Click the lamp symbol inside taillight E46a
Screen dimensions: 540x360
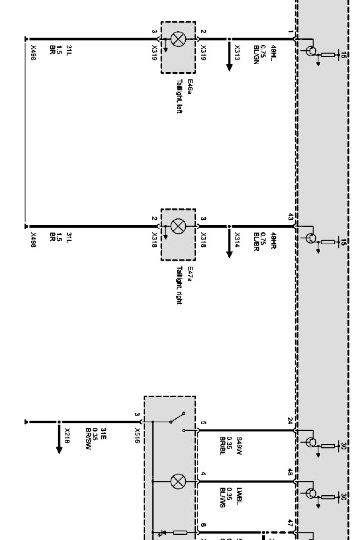tap(177, 39)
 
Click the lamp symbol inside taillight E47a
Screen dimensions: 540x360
tap(177, 227)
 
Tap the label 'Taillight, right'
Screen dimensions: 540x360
tap(180, 285)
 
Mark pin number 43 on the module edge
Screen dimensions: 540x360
tap(290, 217)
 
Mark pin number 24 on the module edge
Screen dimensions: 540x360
tap(290, 421)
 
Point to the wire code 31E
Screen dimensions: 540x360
tap(103, 435)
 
